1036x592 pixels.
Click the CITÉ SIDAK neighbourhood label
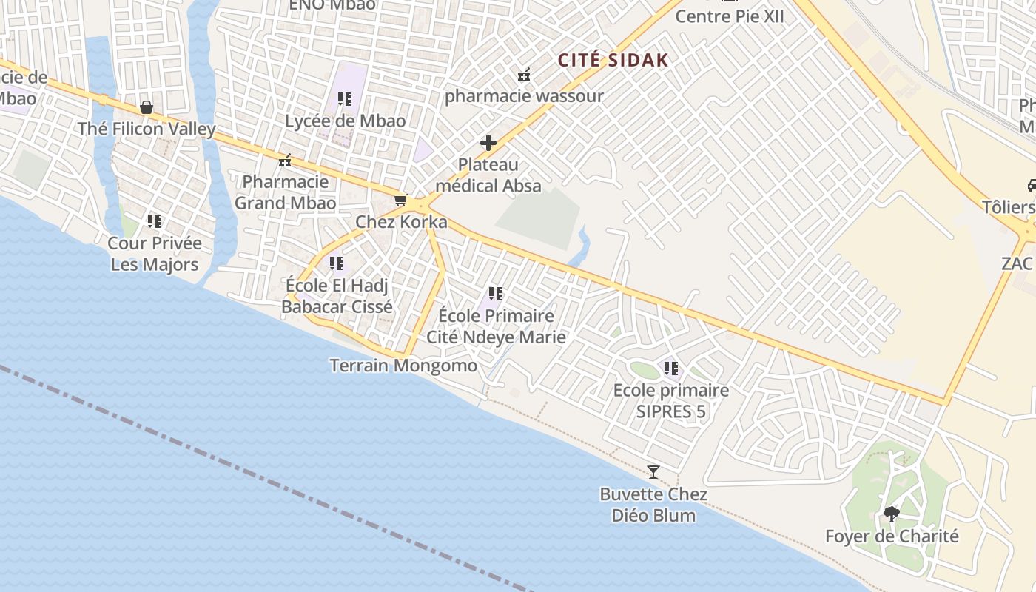pos(613,61)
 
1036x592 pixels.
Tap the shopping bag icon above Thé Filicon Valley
pos(147,108)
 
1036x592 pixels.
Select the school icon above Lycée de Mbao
pos(344,98)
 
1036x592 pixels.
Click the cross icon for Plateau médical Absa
pos(488,143)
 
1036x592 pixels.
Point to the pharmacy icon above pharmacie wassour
pos(524,75)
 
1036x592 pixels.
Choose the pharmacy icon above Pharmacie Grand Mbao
pos(285,160)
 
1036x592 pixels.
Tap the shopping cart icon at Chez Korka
pos(401,200)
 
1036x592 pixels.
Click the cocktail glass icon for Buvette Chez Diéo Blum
pos(653,471)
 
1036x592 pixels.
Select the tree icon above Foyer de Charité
pos(892,514)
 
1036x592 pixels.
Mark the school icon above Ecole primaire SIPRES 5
pos(671,368)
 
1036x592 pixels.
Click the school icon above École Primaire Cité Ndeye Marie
pos(496,294)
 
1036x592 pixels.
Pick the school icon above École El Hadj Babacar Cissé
pos(337,263)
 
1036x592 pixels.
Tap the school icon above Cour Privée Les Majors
pos(154,221)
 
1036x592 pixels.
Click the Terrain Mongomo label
pos(403,365)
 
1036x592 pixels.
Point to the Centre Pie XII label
pos(730,16)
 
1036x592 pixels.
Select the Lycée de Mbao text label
pos(346,121)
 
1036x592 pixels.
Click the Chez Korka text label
pos(401,222)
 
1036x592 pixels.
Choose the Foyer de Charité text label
pos(892,536)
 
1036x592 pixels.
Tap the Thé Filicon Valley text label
pos(147,129)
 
